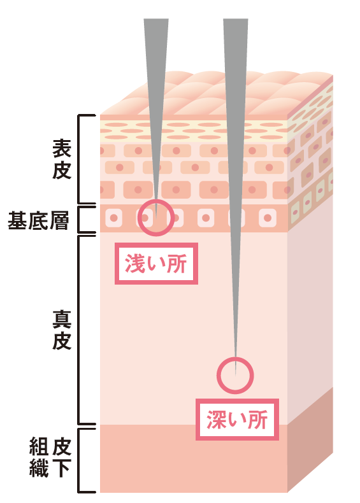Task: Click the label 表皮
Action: pos(61,159)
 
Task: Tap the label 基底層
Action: pos(38,220)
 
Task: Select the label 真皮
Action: pos(61,329)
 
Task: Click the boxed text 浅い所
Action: pos(156,264)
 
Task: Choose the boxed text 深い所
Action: pos(237,420)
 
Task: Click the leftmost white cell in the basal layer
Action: pos(113,218)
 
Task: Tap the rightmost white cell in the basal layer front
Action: pos(268,218)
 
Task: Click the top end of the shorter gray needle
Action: pos(156,19)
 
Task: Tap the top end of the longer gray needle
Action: pos(235,19)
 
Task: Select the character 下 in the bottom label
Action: pos(61,468)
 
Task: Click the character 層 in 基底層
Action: pos(59,220)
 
